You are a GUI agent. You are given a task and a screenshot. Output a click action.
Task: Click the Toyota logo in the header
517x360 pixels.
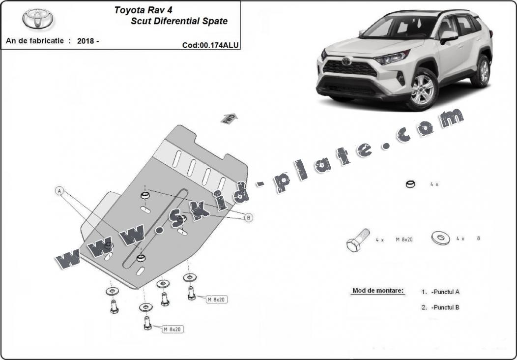point(38,18)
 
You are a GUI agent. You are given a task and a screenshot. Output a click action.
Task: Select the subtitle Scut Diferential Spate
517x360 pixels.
point(179,21)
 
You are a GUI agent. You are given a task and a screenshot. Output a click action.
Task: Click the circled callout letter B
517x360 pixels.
point(249,217)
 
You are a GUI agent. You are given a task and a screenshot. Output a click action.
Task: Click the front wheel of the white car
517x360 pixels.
point(422,90)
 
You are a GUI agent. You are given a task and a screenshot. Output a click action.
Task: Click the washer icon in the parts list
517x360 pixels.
point(440,238)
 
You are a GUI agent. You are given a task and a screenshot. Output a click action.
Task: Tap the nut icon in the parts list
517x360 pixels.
point(410,184)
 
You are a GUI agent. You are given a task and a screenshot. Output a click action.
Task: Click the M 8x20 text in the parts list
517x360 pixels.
point(404,240)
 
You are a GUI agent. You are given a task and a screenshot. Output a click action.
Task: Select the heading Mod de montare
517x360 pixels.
point(378,291)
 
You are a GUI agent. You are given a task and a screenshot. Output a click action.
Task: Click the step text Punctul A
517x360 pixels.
point(445,292)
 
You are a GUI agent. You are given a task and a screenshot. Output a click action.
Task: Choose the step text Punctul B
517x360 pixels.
point(445,307)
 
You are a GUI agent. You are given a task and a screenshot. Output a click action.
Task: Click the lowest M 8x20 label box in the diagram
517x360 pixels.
point(173,329)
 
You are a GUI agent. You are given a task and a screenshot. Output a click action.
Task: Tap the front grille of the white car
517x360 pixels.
point(351,68)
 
